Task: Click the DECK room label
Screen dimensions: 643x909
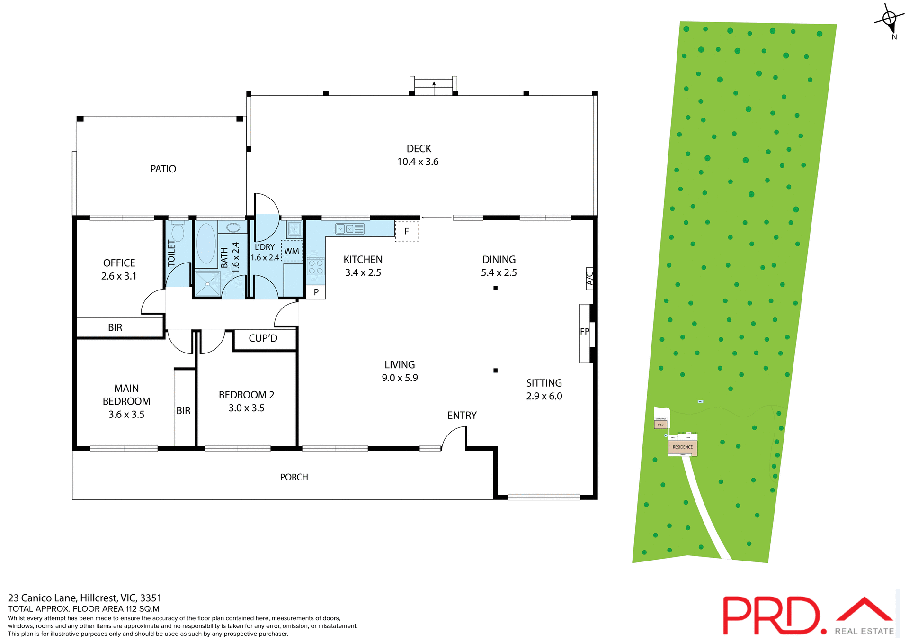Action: pyautogui.click(x=419, y=149)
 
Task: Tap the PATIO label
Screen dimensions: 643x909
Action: pyautogui.click(x=163, y=169)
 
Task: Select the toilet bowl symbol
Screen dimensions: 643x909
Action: pyautogui.click(x=178, y=232)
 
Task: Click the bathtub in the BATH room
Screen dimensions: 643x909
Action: pyautogui.click(x=206, y=244)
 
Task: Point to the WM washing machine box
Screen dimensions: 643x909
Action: pyautogui.click(x=292, y=251)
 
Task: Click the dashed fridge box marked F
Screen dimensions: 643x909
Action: pyautogui.click(x=406, y=232)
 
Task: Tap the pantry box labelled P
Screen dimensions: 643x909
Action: pyautogui.click(x=316, y=292)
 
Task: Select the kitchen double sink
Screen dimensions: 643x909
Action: pyautogui.click(x=349, y=229)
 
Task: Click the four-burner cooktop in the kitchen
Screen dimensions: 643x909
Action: pyautogui.click(x=316, y=267)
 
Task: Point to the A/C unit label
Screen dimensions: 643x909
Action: pyautogui.click(x=589, y=279)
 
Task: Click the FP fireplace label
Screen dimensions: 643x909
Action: pyautogui.click(x=585, y=332)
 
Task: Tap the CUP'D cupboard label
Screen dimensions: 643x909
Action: pyautogui.click(x=263, y=338)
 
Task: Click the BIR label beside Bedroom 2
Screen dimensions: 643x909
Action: pyautogui.click(x=184, y=411)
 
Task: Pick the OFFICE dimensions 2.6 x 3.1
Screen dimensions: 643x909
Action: pyautogui.click(x=119, y=276)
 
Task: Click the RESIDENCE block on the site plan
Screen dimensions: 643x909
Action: pyautogui.click(x=682, y=447)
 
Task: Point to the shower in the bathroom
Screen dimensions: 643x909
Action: pyautogui.click(x=207, y=283)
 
